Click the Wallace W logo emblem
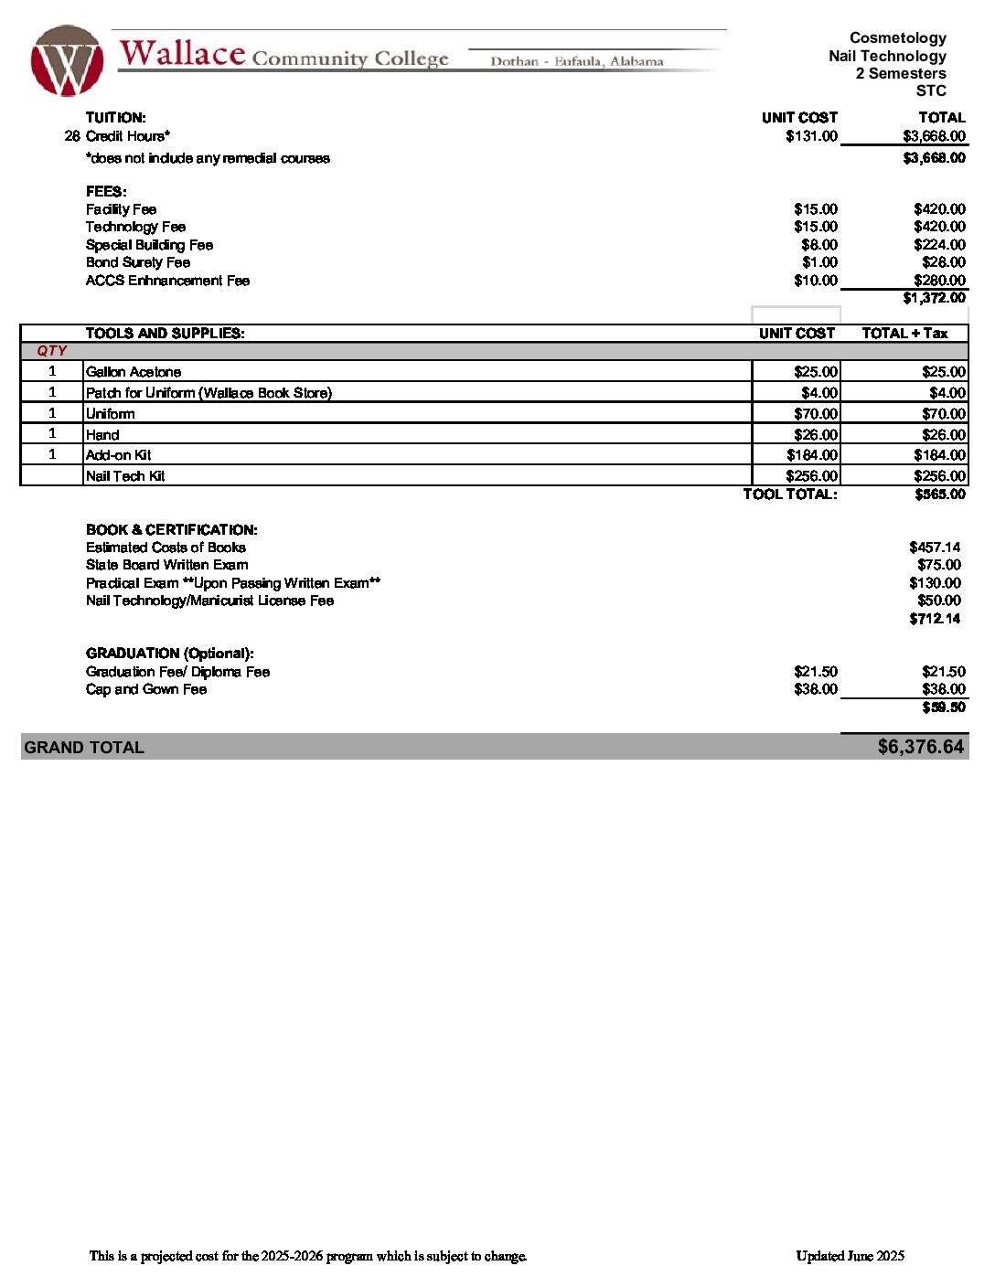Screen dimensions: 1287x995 click(x=66, y=60)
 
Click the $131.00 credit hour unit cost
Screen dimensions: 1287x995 click(x=811, y=136)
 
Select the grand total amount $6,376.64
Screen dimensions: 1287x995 click(x=920, y=747)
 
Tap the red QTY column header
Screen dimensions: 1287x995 click(x=52, y=351)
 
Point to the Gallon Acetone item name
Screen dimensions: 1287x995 click(x=134, y=372)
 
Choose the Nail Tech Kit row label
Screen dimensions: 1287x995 click(x=125, y=476)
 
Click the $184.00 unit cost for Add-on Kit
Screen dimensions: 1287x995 click(x=812, y=455)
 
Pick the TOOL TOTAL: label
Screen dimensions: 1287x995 click(x=790, y=495)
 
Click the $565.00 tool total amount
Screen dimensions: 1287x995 click(x=940, y=495)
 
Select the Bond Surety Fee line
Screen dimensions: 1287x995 click(x=138, y=262)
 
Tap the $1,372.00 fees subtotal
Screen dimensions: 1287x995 click(x=934, y=298)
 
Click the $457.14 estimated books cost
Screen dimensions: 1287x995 click(x=935, y=548)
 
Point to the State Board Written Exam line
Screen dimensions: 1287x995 click(x=166, y=565)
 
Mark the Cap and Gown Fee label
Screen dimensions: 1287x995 click(x=146, y=689)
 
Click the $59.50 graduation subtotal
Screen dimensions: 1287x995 click(x=944, y=707)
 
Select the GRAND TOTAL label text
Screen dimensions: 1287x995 click(x=84, y=748)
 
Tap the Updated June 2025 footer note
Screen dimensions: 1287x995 click(x=850, y=1256)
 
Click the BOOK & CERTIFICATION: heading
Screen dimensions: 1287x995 click(x=172, y=530)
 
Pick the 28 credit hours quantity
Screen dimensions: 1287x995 click(x=72, y=136)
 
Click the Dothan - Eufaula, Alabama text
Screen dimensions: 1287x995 click(x=577, y=61)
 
